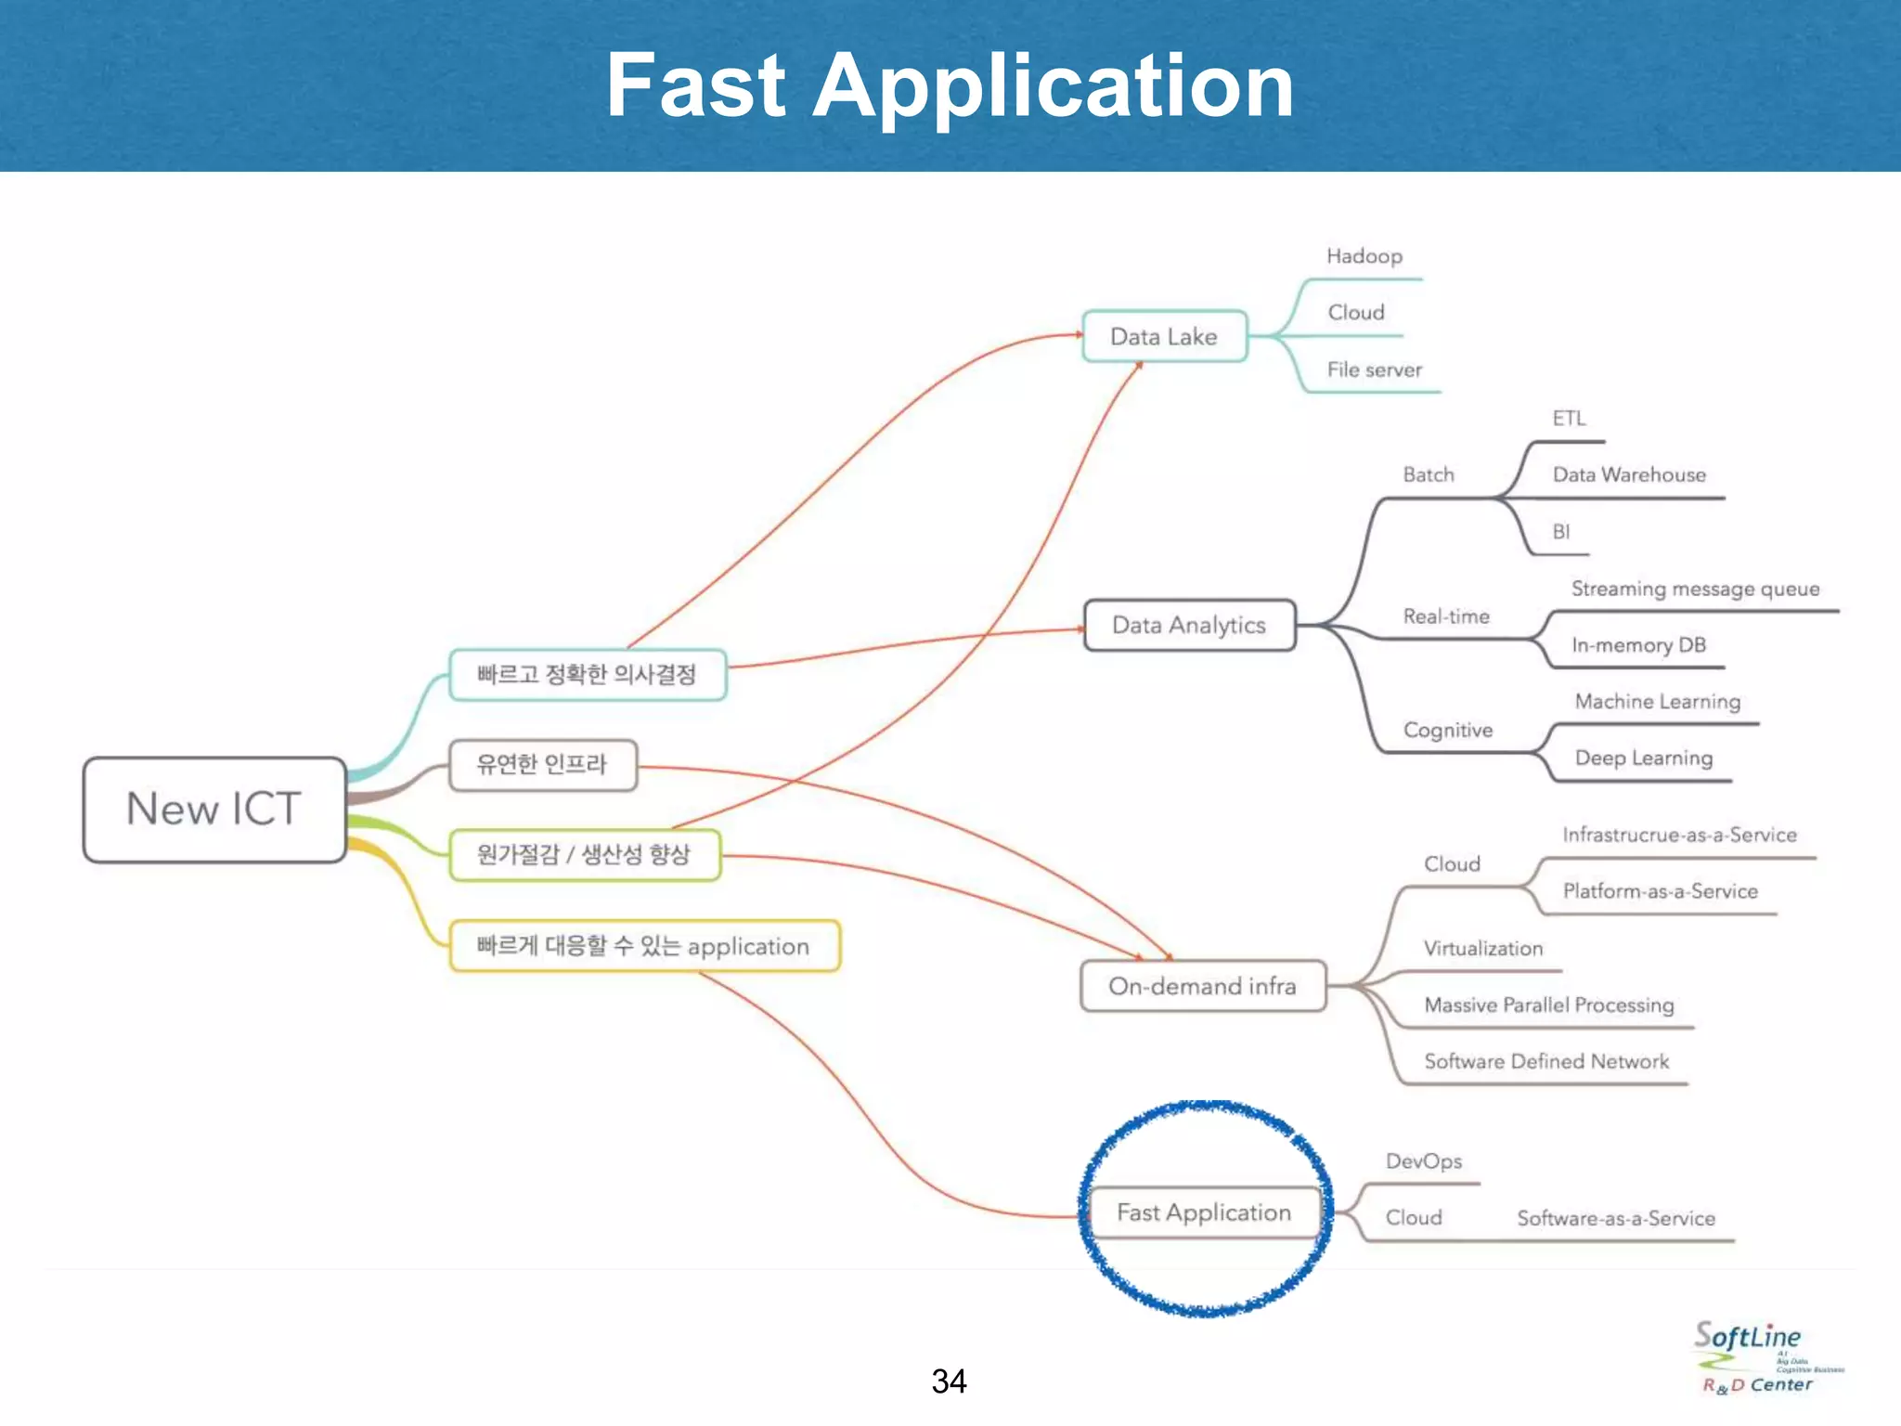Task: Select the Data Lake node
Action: [x=1164, y=336]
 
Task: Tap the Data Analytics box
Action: [x=1189, y=626]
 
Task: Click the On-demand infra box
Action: [x=1202, y=986]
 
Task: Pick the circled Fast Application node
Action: [x=1204, y=1212]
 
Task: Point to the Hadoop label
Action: [x=1364, y=256]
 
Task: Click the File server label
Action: [x=1374, y=369]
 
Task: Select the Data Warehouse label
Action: [x=1629, y=474]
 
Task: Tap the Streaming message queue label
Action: [x=1695, y=589]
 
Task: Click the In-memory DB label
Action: [x=1638, y=645]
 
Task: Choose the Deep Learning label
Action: [x=1643, y=758]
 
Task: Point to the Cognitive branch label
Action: [x=1447, y=730]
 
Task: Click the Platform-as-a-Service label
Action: [x=1660, y=891]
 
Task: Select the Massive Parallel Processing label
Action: [x=1548, y=1005]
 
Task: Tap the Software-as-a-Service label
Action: [x=1615, y=1218]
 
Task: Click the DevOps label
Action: [x=1423, y=1161]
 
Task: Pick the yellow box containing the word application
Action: [x=644, y=946]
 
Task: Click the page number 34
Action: [x=949, y=1381]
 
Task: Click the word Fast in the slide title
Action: [x=696, y=85]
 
